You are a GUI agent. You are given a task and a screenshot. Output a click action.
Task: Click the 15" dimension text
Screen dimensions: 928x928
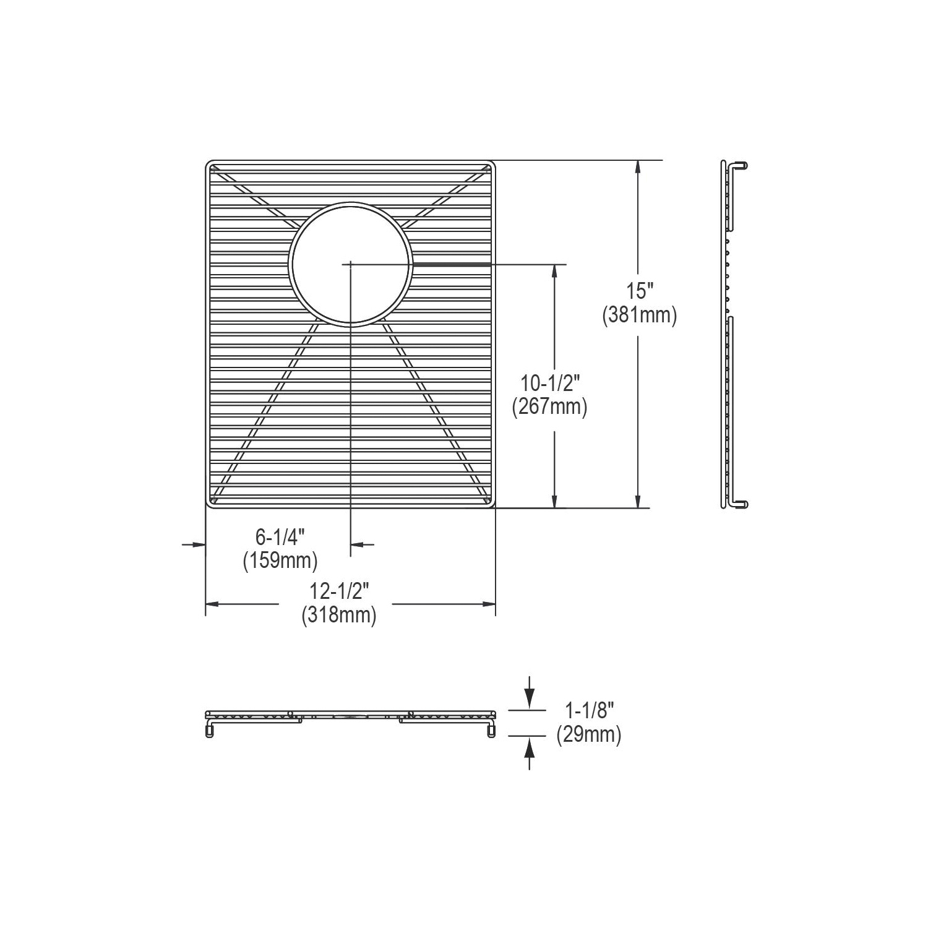pos(639,290)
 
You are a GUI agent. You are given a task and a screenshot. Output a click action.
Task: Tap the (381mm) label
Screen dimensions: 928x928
pos(639,316)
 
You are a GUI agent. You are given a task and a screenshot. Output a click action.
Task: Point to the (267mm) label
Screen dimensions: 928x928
pos(549,407)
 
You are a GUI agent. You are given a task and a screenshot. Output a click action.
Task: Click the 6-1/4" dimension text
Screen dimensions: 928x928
pos(280,537)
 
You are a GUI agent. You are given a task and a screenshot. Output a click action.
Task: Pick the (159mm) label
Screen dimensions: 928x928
pos(280,561)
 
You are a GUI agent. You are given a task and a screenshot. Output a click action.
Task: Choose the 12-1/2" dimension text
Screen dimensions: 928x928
pos(339,591)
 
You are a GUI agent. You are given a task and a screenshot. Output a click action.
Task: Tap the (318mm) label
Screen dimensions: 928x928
pos(339,616)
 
